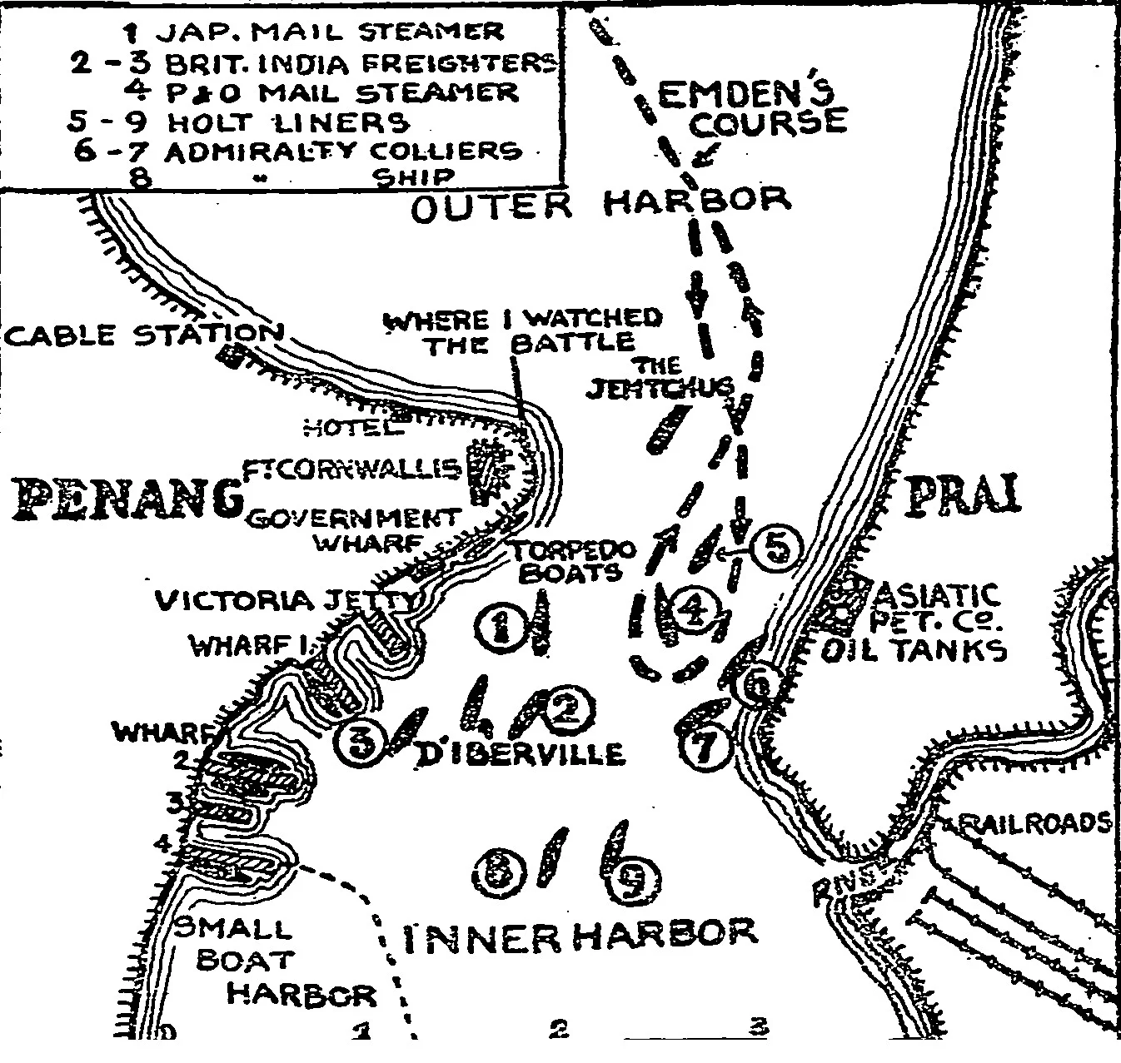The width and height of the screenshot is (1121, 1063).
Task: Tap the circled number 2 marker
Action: [x=567, y=710]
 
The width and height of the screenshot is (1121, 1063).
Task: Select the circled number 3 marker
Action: [x=360, y=741]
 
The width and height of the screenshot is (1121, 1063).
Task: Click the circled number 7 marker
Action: [x=705, y=747]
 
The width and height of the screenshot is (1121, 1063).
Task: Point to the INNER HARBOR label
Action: [x=580, y=936]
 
